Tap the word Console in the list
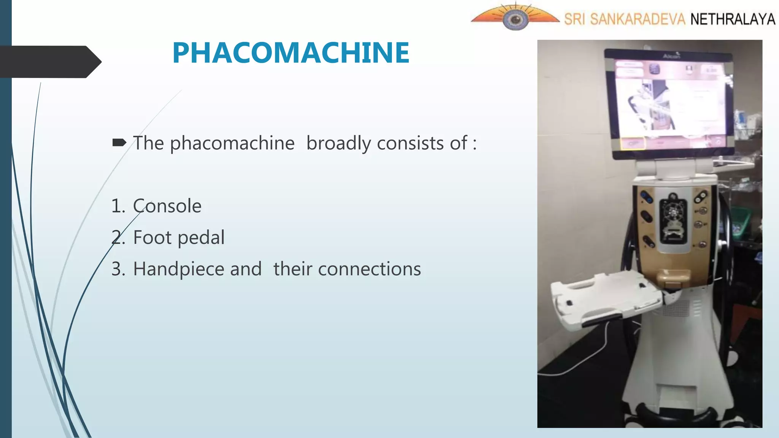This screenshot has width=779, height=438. (x=167, y=206)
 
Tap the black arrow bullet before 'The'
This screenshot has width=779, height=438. (x=119, y=143)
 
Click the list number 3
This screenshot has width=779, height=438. (x=118, y=269)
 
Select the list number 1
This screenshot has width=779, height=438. (x=118, y=206)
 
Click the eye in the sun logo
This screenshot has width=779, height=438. (x=515, y=19)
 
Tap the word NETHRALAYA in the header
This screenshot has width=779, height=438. (x=733, y=19)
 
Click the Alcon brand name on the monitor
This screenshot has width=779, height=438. (x=671, y=56)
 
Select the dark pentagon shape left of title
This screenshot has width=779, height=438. (x=49, y=62)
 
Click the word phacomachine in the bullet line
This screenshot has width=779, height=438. (x=232, y=143)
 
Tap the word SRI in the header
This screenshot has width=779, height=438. (x=574, y=19)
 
